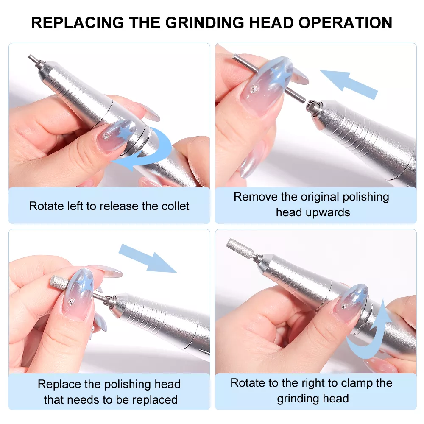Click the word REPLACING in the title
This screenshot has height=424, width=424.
[x=78, y=22]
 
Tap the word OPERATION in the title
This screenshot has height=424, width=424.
[x=345, y=22]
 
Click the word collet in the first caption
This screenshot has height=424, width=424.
[x=175, y=206]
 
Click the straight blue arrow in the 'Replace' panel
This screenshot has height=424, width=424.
[x=148, y=258]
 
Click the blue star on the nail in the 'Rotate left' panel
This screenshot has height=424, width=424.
[x=124, y=132]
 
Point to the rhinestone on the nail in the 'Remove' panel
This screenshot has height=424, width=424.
[x=255, y=89]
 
